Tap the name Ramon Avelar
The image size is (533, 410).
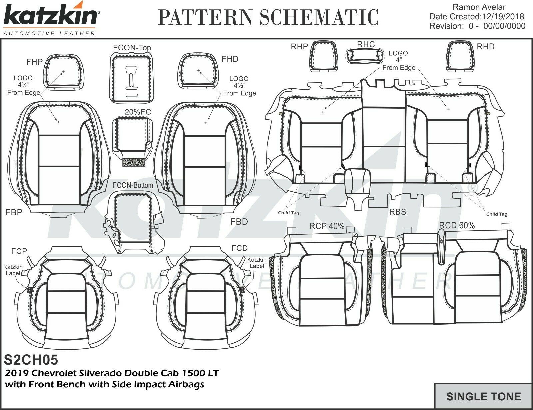tap(479, 7)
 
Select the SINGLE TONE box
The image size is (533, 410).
tap(483, 396)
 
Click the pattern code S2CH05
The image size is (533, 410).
tap(31, 360)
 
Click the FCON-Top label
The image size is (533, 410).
tap(132, 48)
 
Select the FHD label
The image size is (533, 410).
tap(230, 59)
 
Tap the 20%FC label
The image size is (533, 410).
tap(138, 112)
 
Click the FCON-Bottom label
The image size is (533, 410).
tap(133, 185)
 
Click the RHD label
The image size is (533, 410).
tap(486, 47)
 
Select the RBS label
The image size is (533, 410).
tap(398, 212)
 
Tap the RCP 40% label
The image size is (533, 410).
tap(327, 226)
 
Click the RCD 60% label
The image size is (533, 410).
tap(457, 225)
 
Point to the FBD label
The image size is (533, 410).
tap(239, 222)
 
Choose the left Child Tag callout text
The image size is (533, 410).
tap(289, 213)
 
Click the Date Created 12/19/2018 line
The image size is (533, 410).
tap(476, 17)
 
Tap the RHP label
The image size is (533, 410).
tap(299, 47)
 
